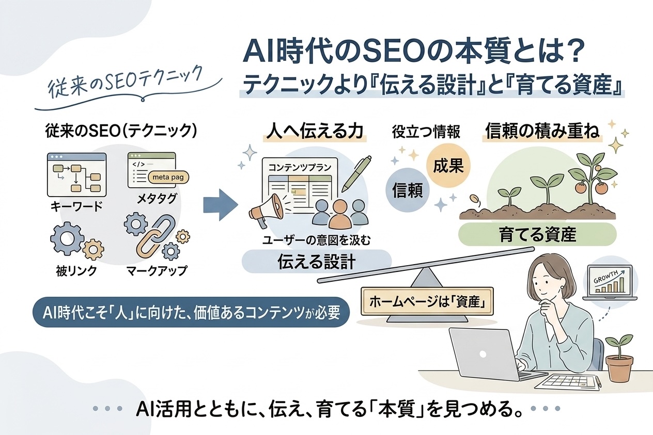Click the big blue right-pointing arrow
pos(221,205)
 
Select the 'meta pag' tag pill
pos(168,178)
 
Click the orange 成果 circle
pos(448,166)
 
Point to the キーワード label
pos(76,206)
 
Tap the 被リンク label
pos(76,271)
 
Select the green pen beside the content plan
pos(356,174)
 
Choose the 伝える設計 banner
pos(317,262)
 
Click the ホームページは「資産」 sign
pos(427,302)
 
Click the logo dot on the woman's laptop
pos(483,354)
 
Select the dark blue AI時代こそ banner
pos(191,312)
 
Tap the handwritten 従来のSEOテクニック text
pos(126,80)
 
